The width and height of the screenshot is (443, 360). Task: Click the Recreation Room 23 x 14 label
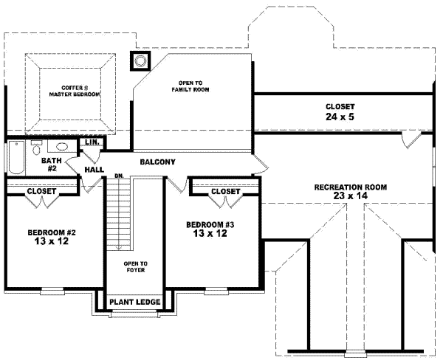349,192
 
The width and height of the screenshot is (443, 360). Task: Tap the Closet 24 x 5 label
340,111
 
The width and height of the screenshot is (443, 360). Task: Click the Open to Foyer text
134,267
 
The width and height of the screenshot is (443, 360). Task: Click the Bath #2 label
51,164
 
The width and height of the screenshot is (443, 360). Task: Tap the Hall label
94,169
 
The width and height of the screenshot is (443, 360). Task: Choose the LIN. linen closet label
92,142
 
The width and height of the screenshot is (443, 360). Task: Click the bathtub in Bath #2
16,156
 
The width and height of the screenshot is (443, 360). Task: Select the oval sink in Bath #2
62,147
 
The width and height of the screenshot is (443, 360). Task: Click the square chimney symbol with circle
140,60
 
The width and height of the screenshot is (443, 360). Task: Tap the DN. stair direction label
118,176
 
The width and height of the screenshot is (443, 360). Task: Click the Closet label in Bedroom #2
41,191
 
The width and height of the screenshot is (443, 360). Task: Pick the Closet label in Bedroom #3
225,191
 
